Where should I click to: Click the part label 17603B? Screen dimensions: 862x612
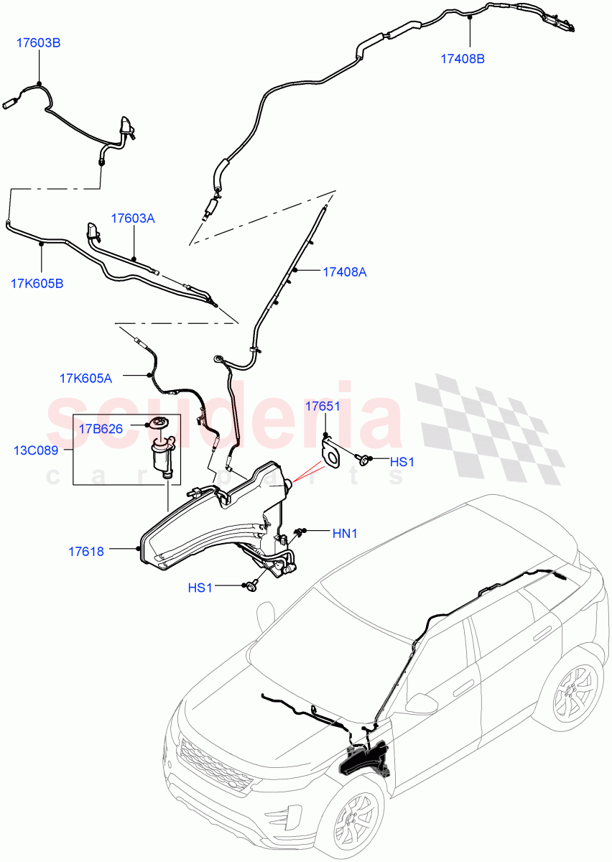39,43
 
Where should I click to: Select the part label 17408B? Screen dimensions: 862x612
463,59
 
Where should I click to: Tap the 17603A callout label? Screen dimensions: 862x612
133,218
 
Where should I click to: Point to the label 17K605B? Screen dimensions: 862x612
37,283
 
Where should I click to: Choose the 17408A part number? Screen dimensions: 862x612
345,272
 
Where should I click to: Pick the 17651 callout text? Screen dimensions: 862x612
323,406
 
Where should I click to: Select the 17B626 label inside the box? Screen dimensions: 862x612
101,429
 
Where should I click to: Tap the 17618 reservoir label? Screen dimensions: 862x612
86,552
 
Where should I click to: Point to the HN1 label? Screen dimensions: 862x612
345,533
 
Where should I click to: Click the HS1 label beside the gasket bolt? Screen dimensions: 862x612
402,462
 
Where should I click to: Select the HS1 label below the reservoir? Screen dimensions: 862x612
200,587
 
